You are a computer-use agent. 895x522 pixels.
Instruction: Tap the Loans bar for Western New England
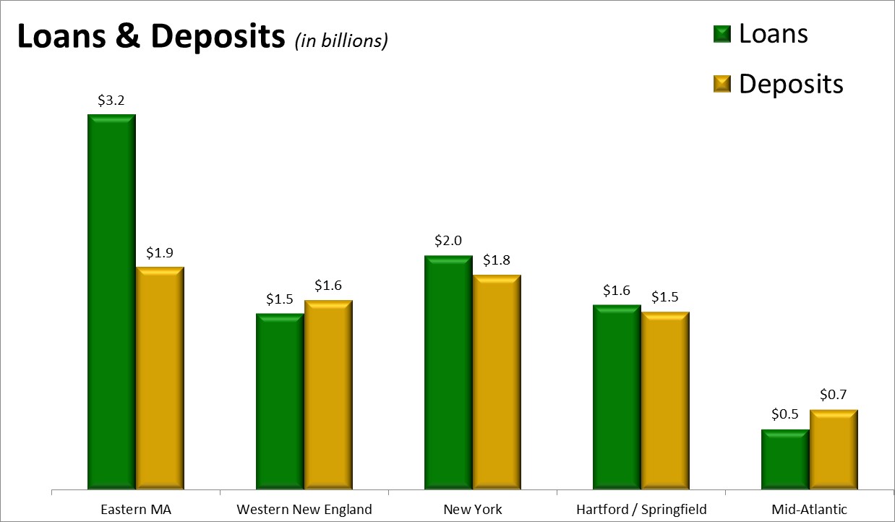point(280,401)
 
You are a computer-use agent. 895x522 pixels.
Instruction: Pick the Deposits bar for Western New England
point(328,395)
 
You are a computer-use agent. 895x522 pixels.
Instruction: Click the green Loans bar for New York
point(448,372)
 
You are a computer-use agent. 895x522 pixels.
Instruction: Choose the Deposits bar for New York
point(497,382)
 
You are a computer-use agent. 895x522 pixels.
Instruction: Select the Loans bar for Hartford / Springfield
point(617,397)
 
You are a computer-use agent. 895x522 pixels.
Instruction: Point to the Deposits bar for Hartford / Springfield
point(665,401)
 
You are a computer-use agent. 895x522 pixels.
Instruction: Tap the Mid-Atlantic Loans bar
point(785,459)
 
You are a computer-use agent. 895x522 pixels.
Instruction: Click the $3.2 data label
point(111,100)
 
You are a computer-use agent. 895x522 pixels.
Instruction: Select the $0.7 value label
point(834,395)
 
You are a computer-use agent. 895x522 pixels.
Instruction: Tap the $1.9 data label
point(160,253)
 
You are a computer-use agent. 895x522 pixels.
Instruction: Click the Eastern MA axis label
point(135,509)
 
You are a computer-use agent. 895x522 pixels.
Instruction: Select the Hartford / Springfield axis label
point(641,509)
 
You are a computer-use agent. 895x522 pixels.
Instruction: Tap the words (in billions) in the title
point(341,41)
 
